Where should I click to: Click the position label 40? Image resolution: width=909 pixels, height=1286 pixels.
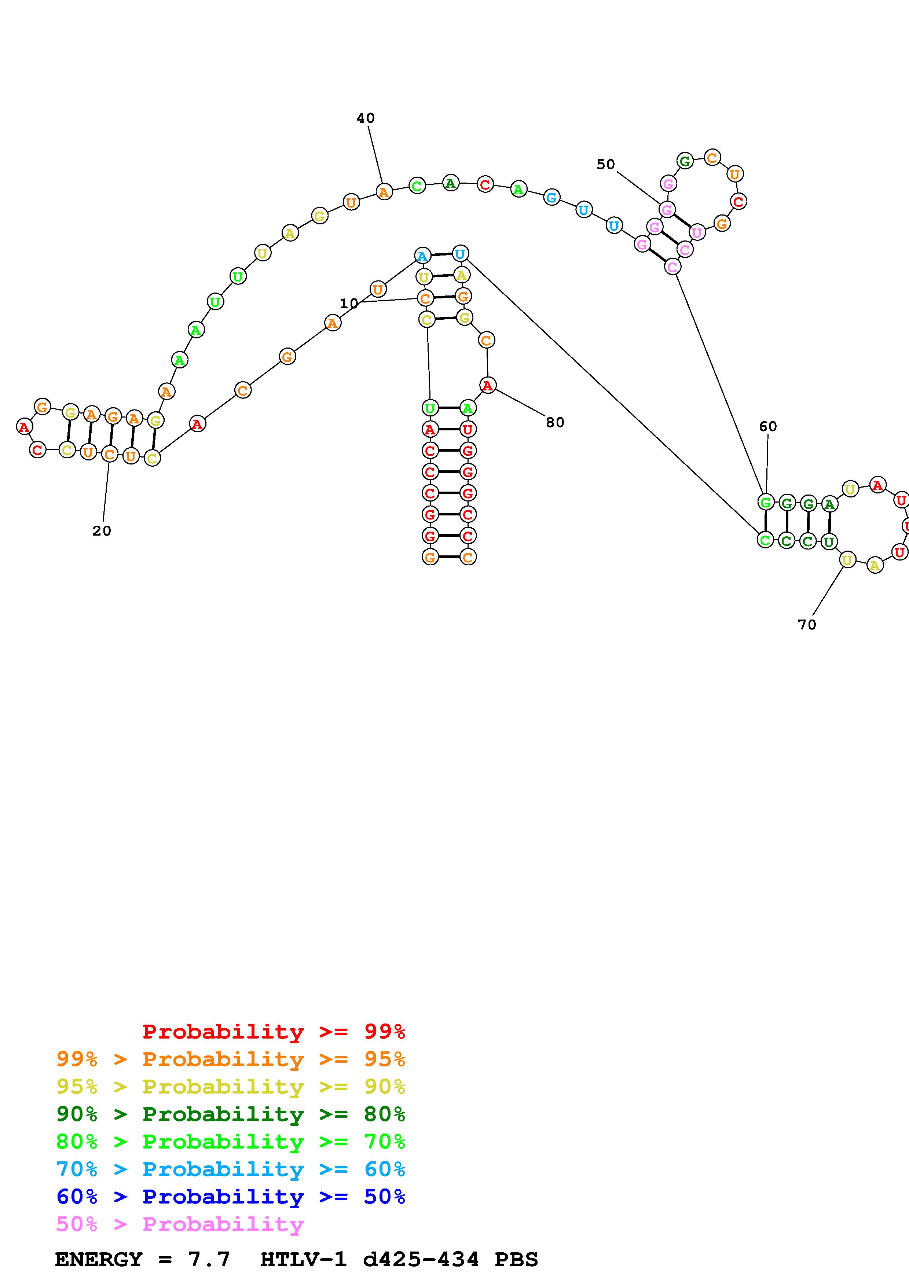[365, 118]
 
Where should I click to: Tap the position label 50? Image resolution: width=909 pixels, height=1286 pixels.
[605, 165]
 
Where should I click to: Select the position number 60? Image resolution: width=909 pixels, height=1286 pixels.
[768, 427]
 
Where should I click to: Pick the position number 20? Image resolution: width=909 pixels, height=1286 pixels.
[101, 531]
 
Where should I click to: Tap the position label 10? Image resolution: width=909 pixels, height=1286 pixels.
[348, 304]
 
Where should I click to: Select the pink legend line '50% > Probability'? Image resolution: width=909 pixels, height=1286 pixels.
[180, 1224]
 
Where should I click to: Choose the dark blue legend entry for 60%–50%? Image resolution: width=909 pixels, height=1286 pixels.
[230, 1197]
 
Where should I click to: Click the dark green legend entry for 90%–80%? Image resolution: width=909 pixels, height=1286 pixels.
[230, 1114]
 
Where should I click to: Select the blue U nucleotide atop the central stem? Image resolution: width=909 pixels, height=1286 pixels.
[460, 254]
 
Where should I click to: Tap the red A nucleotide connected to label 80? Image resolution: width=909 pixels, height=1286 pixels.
[488, 385]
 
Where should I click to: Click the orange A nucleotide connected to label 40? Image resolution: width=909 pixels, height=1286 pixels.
[384, 192]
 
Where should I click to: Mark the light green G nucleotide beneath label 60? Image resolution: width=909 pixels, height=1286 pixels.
[765, 502]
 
